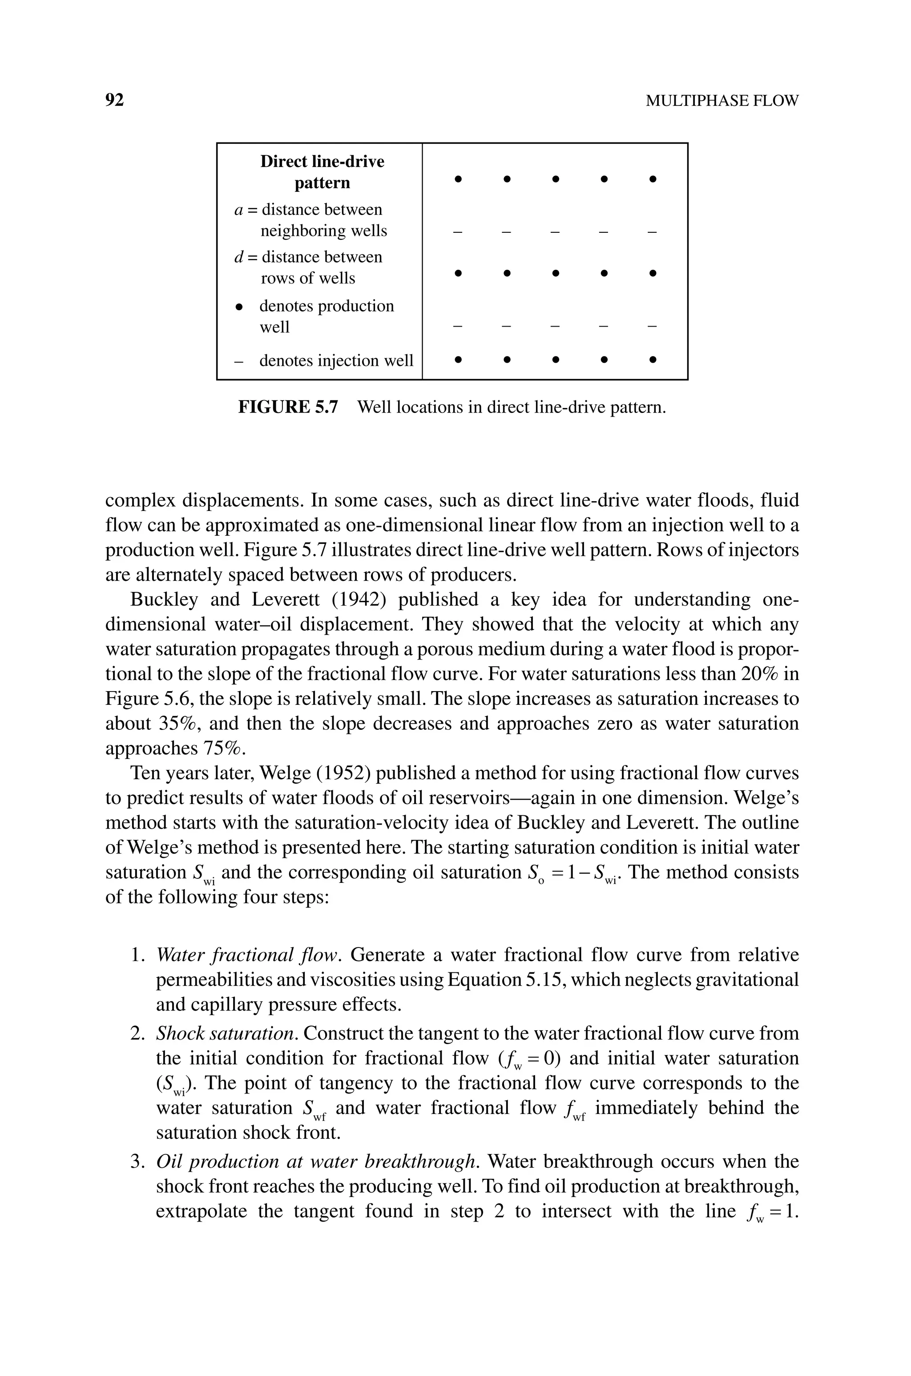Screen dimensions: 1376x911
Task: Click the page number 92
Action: click(x=114, y=101)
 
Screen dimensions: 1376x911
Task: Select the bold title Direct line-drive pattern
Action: click(x=322, y=172)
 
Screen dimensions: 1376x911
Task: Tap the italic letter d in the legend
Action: click(x=238, y=257)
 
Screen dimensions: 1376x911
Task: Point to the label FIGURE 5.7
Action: click(x=288, y=407)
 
